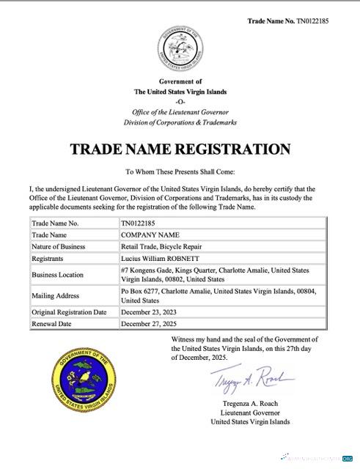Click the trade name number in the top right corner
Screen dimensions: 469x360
coord(288,21)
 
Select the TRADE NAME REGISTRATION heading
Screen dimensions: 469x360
coord(180,149)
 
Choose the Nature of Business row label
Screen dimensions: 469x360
coord(59,246)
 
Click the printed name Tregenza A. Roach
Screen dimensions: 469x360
coord(250,404)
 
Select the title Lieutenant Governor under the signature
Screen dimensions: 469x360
coord(250,413)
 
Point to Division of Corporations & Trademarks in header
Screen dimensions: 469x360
coord(180,122)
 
